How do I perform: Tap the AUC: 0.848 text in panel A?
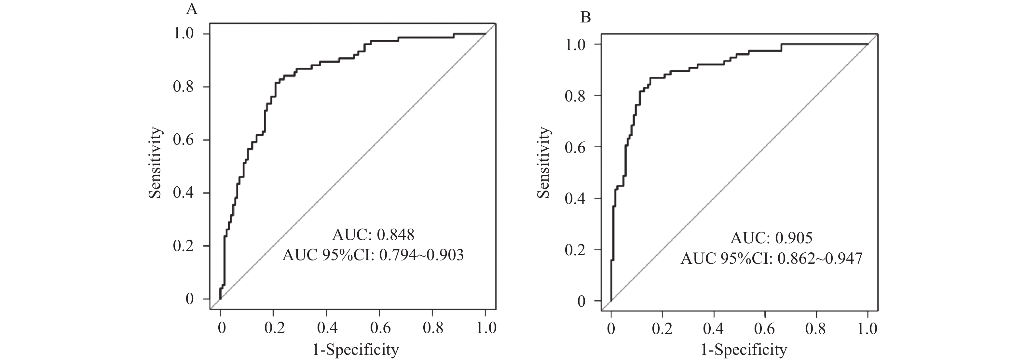click(373, 235)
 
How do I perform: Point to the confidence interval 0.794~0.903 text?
click(421, 255)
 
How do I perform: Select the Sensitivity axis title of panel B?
click(544, 162)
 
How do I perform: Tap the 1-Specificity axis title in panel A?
click(356, 350)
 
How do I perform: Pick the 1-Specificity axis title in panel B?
click(744, 350)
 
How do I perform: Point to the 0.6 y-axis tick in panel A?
click(184, 140)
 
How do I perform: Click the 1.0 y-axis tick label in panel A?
click(184, 34)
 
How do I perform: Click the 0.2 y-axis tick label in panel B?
click(575, 250)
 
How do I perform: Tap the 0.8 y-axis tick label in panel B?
click(575, 96)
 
